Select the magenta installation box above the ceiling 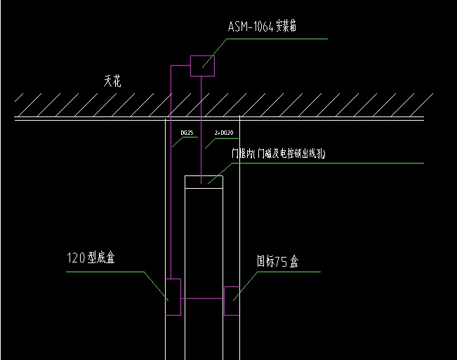coord(203,66)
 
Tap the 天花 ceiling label coord(112,81)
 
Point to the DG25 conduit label coord(187,131)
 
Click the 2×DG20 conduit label coord(224,131)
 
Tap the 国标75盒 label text coord(277,262)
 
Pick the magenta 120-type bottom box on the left coord(173,298)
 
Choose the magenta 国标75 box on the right coord(232,300)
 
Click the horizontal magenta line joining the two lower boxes coord(202,299)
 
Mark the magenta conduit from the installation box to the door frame coord(202,126)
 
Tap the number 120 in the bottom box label coord(75,258)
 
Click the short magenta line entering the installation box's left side coord(181,66)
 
